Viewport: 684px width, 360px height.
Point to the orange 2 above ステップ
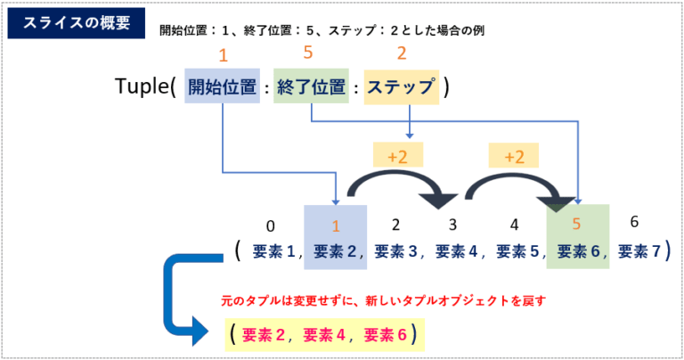(402, 53)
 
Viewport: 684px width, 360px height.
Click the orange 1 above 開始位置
(223, 53)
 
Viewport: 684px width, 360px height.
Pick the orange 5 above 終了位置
(308, 53)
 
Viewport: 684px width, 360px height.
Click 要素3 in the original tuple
(396, 251)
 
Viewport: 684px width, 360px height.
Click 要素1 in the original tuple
(275, 251)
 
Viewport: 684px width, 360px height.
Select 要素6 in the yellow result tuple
(386, 335)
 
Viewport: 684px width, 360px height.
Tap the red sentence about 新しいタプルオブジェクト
(382, 301)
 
